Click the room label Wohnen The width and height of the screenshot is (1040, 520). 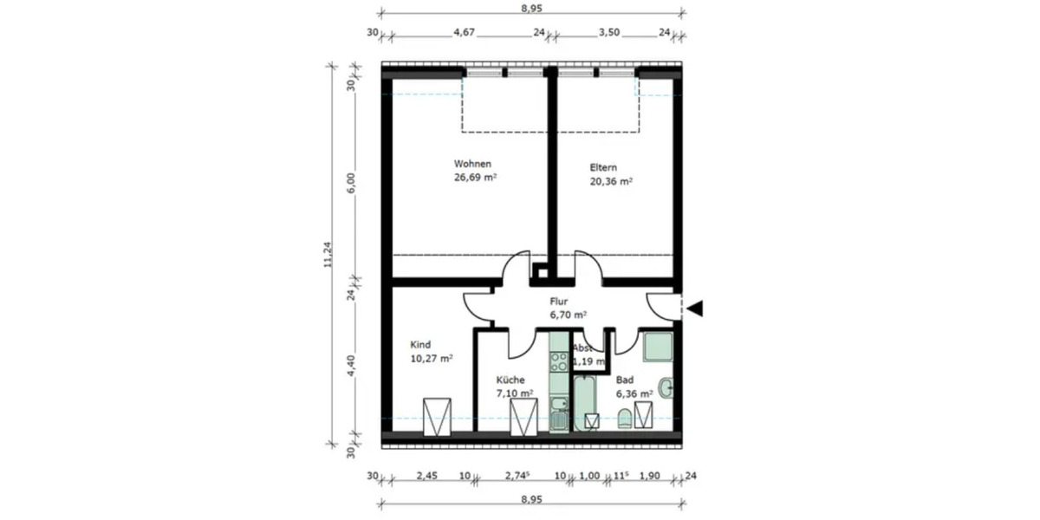[473, 164]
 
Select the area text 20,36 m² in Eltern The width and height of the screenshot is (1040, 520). [611, 182]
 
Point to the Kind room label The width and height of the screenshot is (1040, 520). [420, 344]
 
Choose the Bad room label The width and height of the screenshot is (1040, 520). [623, 380]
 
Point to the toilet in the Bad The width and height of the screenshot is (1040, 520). [625, 420]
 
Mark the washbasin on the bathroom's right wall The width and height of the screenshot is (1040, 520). [665, 387]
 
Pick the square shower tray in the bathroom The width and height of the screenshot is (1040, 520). [657, 348]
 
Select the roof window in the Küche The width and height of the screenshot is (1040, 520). [523, 418]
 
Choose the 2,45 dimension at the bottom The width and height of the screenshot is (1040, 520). [426, 476]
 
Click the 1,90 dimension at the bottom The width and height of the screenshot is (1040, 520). [649, 476]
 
